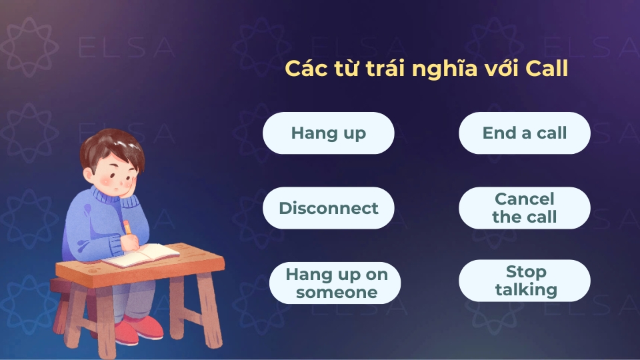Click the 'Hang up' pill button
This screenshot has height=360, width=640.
coord(328,133)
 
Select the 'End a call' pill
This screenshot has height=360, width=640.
coord(524,133)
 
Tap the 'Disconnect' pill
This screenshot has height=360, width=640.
coord(328,208)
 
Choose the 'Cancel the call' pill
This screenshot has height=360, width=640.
coord(524,208)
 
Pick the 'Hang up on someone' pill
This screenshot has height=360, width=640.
coord(335,283)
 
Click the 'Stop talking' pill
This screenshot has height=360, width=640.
coord(525,281)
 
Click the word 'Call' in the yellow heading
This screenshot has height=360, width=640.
coord(547,68)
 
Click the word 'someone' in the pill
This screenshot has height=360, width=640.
coord(337,292)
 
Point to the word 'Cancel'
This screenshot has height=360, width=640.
coord(525,199)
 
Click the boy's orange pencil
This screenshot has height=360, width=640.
coord(127,227)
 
